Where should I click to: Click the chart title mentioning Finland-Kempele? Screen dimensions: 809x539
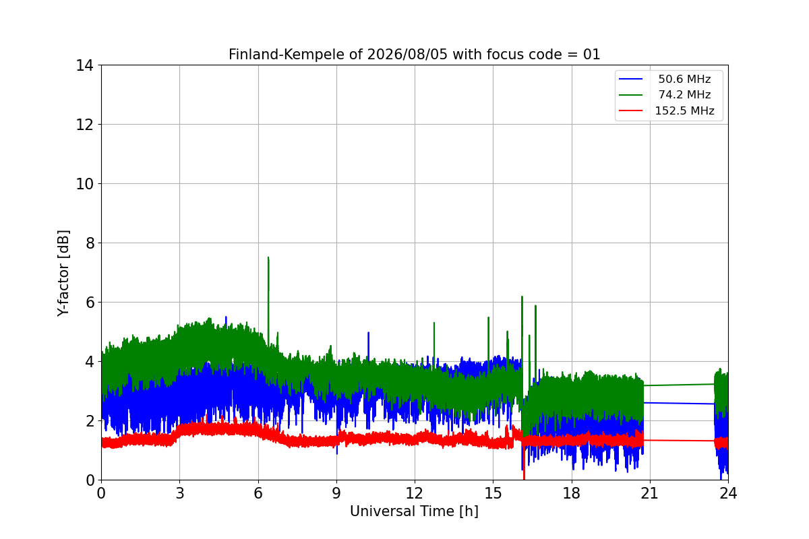414,55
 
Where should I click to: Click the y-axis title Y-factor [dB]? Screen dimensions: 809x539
63,273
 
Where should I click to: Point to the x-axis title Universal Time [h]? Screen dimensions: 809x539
414,511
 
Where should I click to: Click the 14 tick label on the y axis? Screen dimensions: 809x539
84,66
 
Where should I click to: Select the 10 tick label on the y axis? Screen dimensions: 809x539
84,184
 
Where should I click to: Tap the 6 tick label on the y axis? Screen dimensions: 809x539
90,303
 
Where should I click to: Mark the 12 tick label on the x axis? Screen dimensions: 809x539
415,493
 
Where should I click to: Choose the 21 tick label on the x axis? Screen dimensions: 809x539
650,493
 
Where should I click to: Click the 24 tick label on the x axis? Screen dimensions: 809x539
728,493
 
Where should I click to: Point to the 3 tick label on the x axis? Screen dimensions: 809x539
180,493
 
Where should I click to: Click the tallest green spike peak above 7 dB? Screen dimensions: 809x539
268,257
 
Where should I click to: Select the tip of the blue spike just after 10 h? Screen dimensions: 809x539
368,333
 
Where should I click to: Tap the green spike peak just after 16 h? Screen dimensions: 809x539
522,296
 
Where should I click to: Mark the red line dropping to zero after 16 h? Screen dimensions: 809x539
524,462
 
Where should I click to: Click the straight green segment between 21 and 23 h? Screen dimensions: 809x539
679,385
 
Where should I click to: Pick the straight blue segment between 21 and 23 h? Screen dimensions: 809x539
679,404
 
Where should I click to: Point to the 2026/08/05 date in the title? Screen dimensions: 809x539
407,55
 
